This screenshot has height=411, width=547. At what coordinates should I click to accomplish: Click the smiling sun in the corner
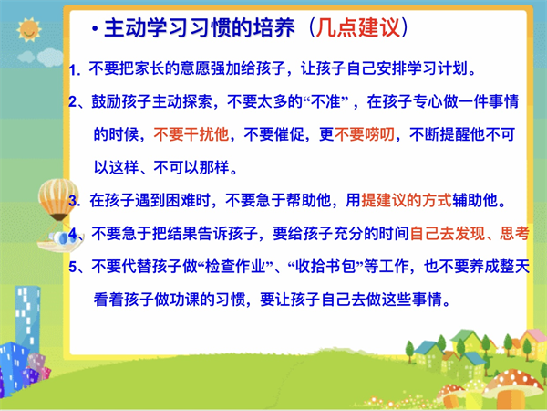[x=29, y=30]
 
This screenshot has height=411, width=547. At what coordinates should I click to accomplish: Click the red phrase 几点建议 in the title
[x=358, y=27]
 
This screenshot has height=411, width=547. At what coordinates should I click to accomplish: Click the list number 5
[x=73, y=267]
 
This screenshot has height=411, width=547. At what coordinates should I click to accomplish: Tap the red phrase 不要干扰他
[x=191, y=134]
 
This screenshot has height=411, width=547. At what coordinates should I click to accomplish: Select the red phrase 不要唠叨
[x=365, y=134]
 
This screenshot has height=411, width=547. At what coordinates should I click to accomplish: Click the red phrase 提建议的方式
[x=407, y=200]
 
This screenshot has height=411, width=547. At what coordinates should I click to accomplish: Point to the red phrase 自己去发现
[x=448, y=234]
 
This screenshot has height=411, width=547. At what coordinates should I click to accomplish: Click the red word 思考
[x=515, y=234]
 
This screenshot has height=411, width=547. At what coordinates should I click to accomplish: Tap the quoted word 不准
[x=326, y=101]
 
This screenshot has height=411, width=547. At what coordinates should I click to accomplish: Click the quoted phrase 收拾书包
[x=325, y=267]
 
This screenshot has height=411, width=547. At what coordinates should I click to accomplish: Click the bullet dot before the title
[x=95, y=28]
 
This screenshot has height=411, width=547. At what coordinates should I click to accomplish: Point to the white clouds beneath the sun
[x=41, y=57]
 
